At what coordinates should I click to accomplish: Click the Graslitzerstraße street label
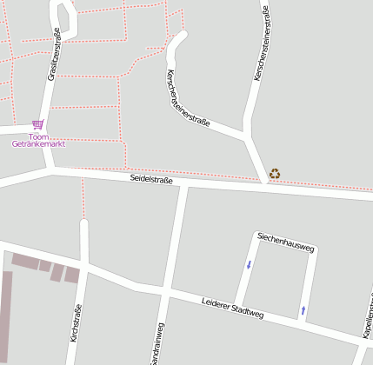point(53,55)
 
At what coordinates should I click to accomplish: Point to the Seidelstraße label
point(152,179)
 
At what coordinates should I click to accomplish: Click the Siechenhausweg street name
point(284,242)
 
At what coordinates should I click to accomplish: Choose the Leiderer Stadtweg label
point(231,309)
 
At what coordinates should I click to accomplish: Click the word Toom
point(37,136)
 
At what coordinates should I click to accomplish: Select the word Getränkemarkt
point(38,144)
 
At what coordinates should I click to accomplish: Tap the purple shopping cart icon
point(37,125)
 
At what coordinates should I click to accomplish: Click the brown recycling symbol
point(275,174)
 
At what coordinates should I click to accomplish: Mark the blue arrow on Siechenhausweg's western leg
point(249,264)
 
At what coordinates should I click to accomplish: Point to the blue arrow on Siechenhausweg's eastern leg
point(303,309)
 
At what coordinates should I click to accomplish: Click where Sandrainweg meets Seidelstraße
point(181,184)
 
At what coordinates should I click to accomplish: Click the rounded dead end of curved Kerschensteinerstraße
point(181,37)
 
